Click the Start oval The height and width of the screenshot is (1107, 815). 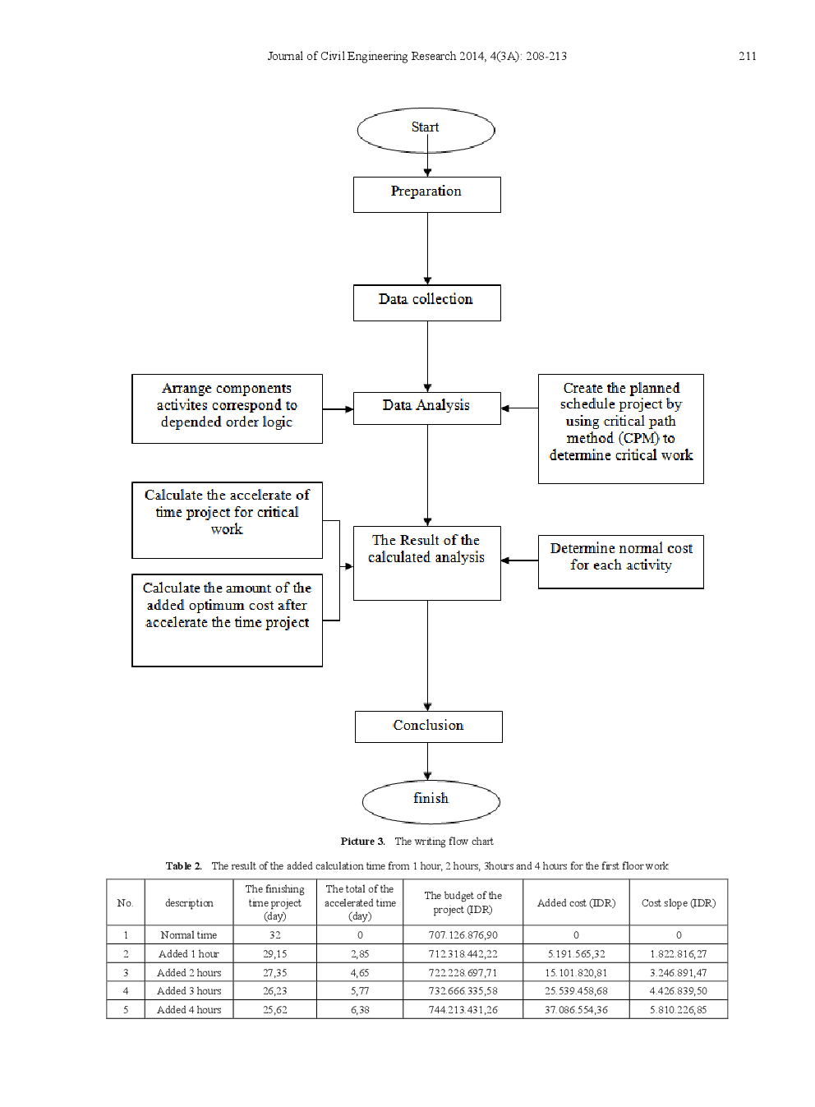click(426, 130)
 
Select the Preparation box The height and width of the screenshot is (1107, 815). click(426, 195)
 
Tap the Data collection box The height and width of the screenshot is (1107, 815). click(426, 302)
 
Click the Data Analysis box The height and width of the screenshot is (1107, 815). click(426, 408)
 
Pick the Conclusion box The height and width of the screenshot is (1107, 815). click(428, 726)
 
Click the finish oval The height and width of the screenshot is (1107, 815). click(431, 801)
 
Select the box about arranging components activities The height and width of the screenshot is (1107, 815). click(227, 408)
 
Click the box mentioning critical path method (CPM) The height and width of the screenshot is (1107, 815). click(620, 428)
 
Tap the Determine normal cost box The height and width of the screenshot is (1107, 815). click(620, 561)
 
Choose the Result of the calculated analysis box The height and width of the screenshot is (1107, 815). click(426, 563)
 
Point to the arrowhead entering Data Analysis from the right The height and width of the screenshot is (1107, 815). click(504, 408)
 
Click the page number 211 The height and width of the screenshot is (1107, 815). click(747, 56)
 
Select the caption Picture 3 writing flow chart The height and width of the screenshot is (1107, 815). click(417, 841)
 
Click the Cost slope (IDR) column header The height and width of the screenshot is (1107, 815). click(678, 902)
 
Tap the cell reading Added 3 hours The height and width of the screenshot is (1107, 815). click(189, 990)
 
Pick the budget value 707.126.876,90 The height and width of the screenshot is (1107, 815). click(463, 934)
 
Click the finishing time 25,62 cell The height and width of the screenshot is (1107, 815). click(274, 1009)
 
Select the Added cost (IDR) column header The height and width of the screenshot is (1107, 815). click(576, 902)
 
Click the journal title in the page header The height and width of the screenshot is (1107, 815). click(417, 56)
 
